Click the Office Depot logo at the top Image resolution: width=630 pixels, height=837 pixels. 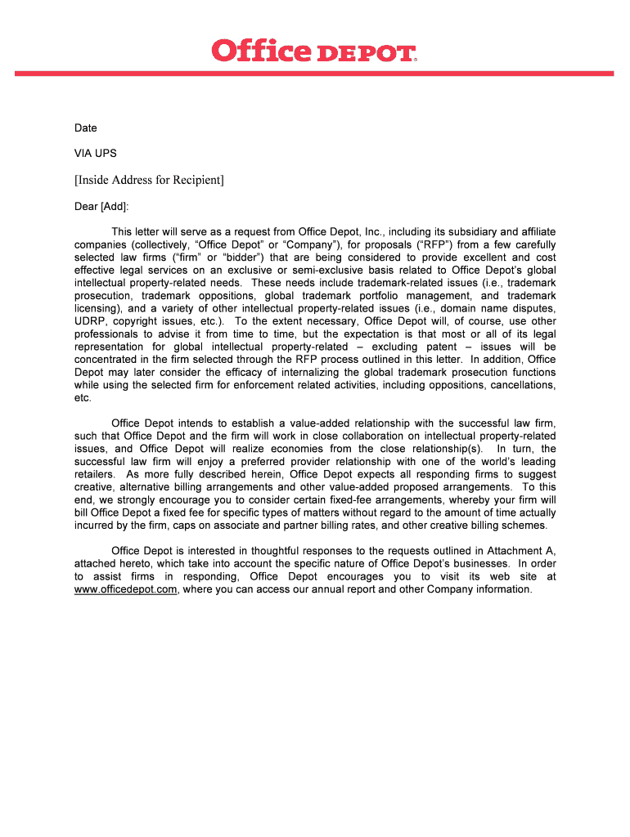click(x=314, y=52)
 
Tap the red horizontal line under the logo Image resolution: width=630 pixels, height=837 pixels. click(x=314, y=74)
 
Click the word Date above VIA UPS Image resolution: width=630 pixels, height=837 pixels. click(x=85, y=128)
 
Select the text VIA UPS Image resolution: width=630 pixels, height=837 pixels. click(x=95, y=153)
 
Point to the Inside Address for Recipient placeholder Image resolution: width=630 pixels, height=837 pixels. click(x=149, y=180)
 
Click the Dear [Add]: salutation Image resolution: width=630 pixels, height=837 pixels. click(x=101, y=206)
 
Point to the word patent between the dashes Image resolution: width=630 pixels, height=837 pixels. click(x=442, y=347)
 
